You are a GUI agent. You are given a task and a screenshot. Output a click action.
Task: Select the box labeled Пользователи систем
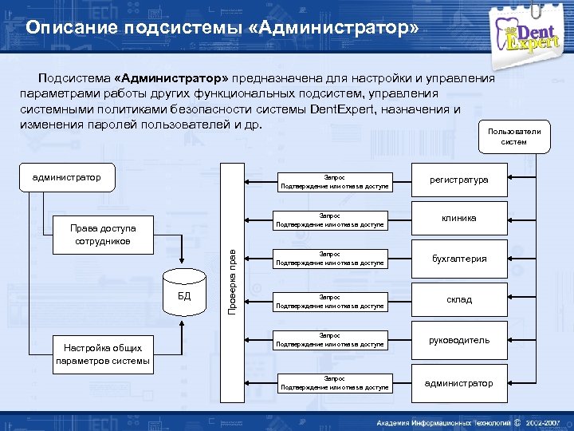[513, 136]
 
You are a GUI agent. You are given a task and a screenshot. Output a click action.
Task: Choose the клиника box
[460, 218]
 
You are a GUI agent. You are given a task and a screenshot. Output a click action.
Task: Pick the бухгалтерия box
[459, 259]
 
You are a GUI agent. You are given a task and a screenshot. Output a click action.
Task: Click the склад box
[459, 299]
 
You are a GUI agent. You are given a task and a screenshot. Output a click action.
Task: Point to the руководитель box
[459, 340]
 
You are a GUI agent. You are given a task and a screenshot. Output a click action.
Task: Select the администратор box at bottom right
[459, 383]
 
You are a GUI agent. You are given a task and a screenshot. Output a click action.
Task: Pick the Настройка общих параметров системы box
[103, 354]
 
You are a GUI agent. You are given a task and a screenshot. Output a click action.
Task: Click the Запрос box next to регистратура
[334, 182]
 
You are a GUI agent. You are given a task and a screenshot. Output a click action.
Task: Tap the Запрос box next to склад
[329, 300]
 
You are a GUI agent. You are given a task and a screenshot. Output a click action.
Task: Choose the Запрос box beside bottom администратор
[334, 383]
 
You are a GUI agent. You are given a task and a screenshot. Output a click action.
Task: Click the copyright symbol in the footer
[517, 421]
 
